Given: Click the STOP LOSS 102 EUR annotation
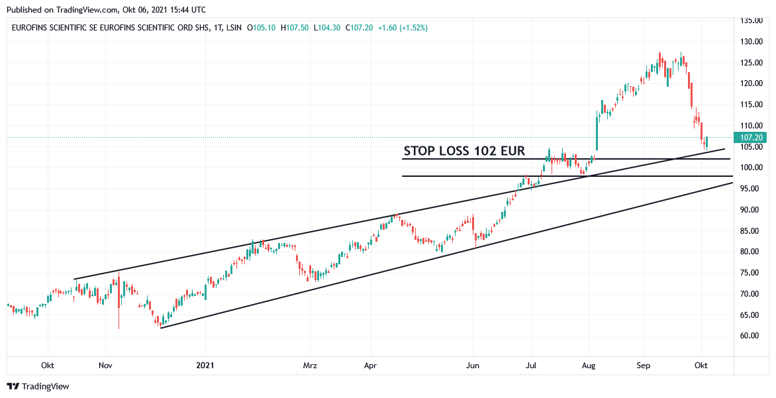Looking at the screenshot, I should pos(464,151).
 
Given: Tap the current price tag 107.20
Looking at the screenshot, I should pos(752,138).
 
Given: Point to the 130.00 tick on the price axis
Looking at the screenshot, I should pos(752,42).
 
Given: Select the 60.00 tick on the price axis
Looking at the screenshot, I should pos(752,336).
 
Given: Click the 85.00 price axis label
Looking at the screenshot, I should pos(752,231).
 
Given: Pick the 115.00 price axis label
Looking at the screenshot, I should pos(752,105).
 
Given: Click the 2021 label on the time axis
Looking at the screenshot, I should pos(206,366).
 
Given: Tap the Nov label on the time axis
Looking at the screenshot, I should pos(106,366).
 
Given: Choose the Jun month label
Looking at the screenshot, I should pos(472,366).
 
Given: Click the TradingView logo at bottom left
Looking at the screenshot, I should pos(38,386).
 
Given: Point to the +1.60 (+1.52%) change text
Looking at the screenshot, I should pos(403,28).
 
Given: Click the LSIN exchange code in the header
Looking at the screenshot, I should pos(233,28).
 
